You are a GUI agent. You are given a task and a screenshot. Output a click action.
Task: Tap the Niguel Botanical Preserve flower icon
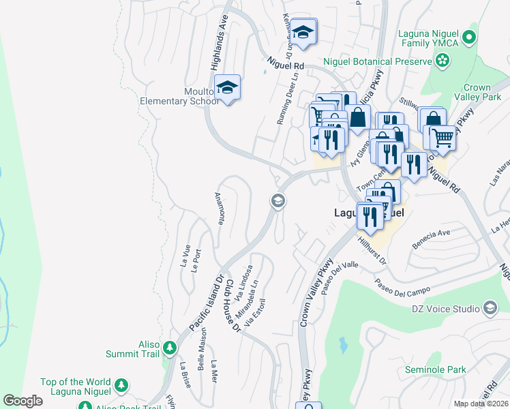click(x=442, y=61)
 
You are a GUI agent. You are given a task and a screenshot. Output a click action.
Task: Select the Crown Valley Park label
click(x=487, y=93)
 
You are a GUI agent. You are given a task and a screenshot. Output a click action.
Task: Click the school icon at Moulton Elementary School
click(x=227, y=87)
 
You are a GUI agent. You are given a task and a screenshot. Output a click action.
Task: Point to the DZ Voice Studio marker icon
click(x=490, y=309)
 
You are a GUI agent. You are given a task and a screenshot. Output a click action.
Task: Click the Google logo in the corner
click(x=22, y=401)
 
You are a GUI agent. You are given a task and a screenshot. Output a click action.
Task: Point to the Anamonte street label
click(x=220, y=208)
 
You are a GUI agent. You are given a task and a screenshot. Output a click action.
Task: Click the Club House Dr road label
click(x=234, y=305)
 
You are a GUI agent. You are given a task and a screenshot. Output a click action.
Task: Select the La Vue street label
click(x=184, y=256)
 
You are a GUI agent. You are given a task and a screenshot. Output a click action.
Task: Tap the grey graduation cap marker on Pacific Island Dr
click(x=277, y=201)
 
